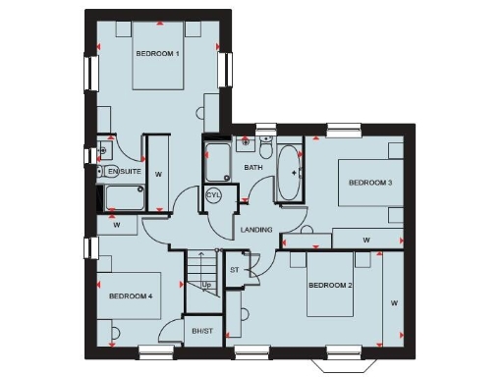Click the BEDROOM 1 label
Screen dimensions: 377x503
pos(157,53)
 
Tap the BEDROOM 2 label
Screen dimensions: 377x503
pos(330,286)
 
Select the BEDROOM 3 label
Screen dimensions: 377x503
pos(370,183)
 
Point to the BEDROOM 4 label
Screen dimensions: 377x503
pos(131,296)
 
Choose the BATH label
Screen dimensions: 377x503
pos(253,168)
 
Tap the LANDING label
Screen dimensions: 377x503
pos(255,230)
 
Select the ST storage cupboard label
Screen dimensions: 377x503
pos(234,269)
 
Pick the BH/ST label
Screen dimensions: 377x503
pos(203,332)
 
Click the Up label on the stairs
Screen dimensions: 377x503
pos(206,285)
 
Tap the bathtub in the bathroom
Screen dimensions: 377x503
pos(291,174)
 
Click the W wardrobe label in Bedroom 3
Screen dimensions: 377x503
pos(365,239)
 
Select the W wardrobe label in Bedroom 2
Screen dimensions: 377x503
pos(394,302)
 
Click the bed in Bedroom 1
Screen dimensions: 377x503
pos(157,59)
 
